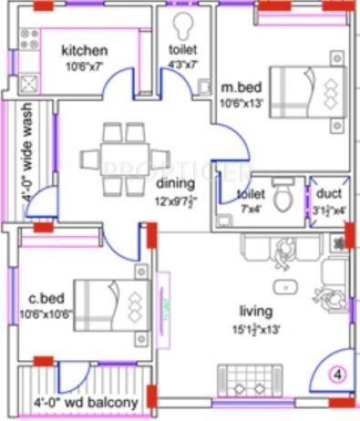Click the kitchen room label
coord(84,50)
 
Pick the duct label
coord(329,194)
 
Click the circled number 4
coord(335,374)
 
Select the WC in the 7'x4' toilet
coord(283,195)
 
